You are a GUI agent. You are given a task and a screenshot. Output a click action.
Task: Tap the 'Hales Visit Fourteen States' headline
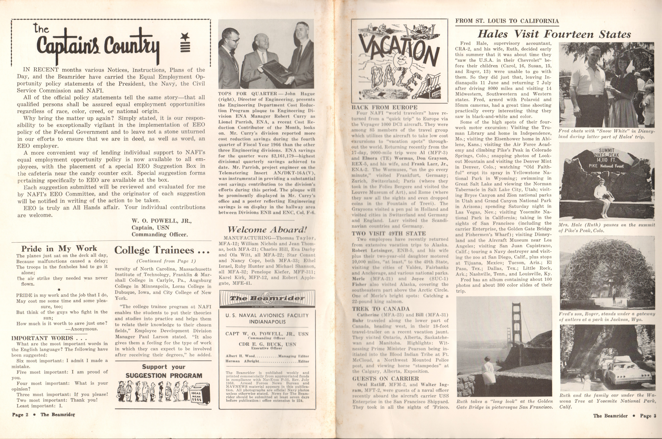pyautogui.click(x=554, y=34)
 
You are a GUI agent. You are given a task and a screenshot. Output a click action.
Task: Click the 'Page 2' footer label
pyautogui.click(x=20, y=415)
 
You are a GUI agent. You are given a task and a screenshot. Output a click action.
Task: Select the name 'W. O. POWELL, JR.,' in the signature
pyautogui.click(x=161, y=221)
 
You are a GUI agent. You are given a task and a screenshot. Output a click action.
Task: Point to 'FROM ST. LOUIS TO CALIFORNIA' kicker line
pyautogui.click(x=507, y=21)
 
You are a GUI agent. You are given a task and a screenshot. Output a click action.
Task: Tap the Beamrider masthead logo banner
pyautogui.click(x=267, y=298)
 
